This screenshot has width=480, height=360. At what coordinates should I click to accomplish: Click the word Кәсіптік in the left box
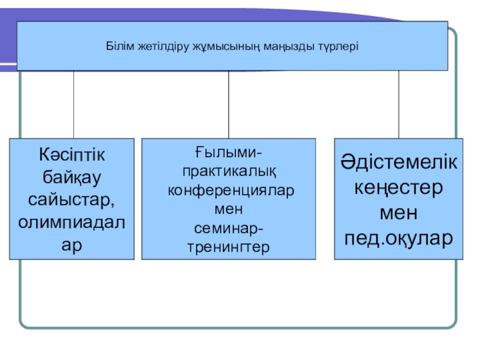(x=72, y=155)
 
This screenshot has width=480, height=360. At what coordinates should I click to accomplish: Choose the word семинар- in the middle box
(x=229, y=228)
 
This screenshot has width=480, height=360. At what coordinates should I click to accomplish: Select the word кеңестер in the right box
(x=399, y=187)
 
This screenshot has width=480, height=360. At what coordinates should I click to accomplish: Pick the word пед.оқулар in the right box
(x=399, y=238)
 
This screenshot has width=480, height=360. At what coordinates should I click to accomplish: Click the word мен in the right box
(x=399, y=212)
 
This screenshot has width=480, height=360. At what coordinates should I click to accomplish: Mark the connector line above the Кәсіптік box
(x=74, y=105)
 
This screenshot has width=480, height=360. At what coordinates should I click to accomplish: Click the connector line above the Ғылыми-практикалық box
(x=229, y=105)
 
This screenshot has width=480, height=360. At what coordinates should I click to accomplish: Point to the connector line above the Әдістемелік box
(x=399, y=105)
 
